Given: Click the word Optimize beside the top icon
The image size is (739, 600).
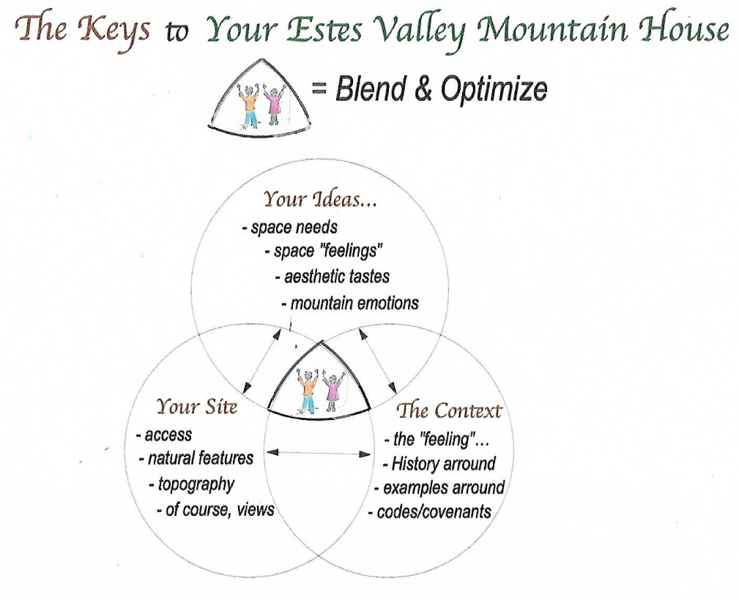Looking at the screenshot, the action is (494, 89).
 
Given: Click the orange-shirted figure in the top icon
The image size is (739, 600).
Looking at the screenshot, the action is (249, 105).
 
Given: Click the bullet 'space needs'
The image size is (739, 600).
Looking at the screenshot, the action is (290, 228).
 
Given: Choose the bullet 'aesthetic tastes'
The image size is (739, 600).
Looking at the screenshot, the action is (333, 277).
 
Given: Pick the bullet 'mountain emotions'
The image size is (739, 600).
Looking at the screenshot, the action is (350, 303).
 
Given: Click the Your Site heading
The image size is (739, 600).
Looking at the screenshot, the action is (196, 407).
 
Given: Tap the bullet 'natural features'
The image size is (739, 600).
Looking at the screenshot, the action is (196, 458).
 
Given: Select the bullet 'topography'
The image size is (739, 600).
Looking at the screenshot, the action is (192, 484).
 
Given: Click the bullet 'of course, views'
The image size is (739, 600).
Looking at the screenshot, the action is (216, 509).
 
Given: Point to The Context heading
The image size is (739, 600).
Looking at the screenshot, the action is (449, 410).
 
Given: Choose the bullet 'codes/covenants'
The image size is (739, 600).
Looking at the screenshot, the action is (430, 511).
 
